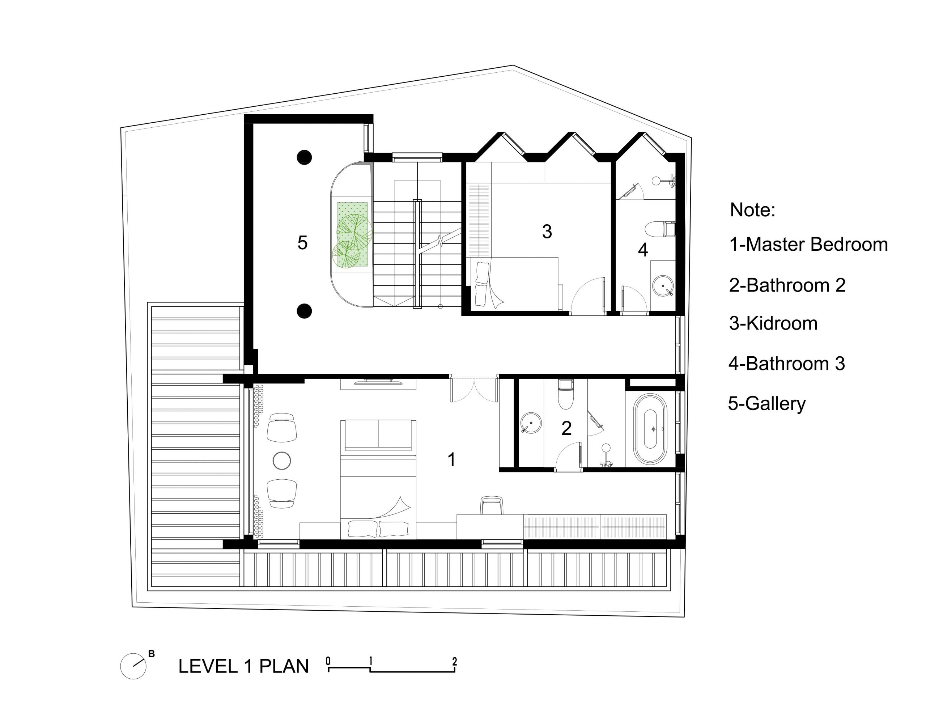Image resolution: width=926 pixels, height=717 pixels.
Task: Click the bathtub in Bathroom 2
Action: coord(650,428)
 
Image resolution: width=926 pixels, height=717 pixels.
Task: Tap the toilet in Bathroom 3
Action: coord(660,229)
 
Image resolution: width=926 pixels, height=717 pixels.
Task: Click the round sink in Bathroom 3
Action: coord(663,286)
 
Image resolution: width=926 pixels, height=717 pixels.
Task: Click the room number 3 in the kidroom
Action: coord(547,232)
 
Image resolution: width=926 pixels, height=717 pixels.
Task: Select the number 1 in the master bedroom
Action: coord(451,460)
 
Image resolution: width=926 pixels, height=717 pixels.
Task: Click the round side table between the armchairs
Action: coord(281,461)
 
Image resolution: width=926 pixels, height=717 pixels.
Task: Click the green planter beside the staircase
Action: coord(352,234)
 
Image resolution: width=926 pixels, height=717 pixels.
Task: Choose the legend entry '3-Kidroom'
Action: coord(773,323)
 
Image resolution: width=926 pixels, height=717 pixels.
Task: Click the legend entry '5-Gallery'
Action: coord(766,404)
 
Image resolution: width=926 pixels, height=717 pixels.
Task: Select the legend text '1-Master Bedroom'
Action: coord(808,245)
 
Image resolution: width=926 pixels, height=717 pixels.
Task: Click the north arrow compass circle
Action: coord(133,666)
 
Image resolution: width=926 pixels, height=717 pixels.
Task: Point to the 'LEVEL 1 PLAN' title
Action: coord(243,666)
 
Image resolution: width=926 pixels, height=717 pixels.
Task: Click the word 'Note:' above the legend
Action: coord(753,210)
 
